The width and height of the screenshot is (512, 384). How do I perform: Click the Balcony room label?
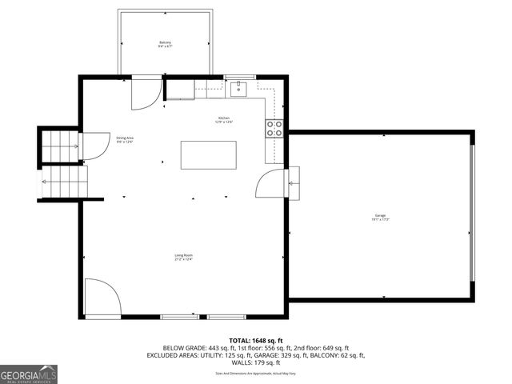165,44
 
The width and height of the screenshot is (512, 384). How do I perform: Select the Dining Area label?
125,139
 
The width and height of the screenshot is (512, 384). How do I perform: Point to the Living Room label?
184,257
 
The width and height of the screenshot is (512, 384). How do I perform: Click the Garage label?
379,217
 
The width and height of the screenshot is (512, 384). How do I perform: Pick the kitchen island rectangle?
209,154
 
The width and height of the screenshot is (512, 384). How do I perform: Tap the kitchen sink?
238,89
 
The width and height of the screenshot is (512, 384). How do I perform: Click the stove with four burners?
274,129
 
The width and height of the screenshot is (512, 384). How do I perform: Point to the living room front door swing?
102,297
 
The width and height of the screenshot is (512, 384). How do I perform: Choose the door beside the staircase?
96,146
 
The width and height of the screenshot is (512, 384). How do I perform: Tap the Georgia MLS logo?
29,374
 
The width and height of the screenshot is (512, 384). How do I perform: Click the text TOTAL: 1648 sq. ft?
255,340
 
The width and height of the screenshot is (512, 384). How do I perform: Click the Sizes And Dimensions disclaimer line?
255,373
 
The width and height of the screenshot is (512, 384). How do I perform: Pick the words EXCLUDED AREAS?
173,355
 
